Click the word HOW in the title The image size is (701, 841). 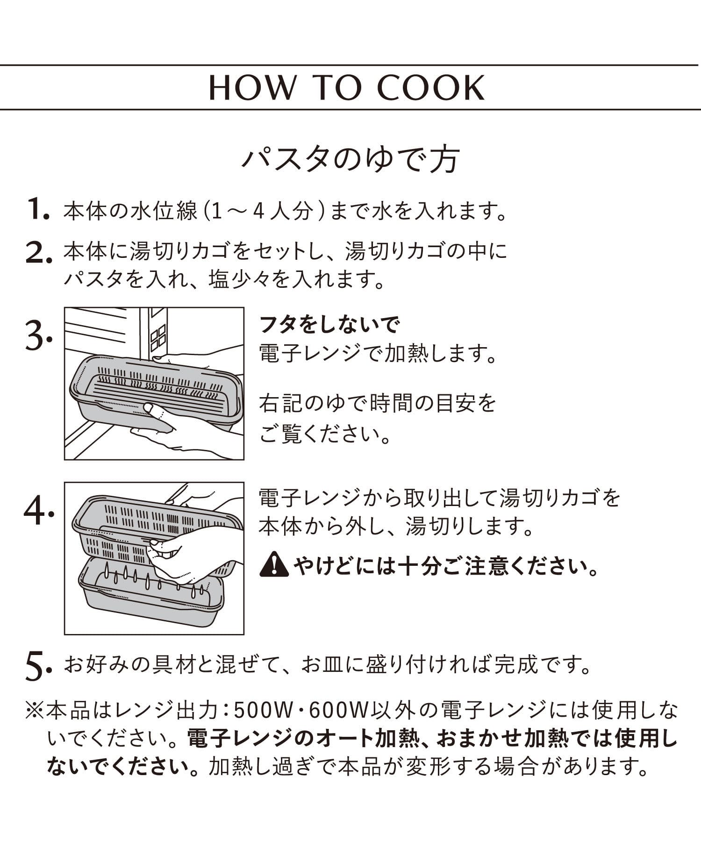(x=252, y=87)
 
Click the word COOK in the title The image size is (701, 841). (x=431, y=87)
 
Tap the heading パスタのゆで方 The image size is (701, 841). (x=350, y=159)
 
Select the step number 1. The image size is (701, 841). (x=37, y=209)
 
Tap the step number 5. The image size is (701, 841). (x=37, y=667)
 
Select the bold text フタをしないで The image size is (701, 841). (x=329, y=324)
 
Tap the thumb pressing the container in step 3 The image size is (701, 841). (x=153, y=410)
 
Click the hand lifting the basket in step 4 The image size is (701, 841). (x=187, y=556)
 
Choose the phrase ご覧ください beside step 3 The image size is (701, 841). (x=325, y=435)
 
